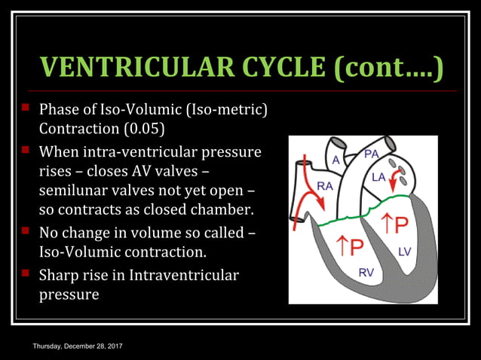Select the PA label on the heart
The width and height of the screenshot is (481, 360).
point(371,154)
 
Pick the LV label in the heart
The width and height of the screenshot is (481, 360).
point(404,252)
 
